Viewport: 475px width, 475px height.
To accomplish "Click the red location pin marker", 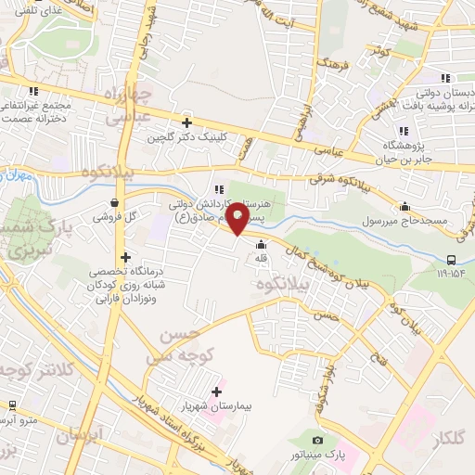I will (x=237, y=221).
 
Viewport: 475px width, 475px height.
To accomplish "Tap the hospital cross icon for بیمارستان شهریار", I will (x=217, y=392).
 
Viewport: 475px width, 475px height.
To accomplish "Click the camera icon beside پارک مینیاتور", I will (x=317, y=440).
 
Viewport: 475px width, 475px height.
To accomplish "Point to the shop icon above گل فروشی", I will (x=114, y=202).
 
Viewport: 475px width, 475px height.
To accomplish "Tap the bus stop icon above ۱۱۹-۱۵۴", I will (x=452, y=260).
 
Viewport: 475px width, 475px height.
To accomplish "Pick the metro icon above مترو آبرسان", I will (x=13, y=405).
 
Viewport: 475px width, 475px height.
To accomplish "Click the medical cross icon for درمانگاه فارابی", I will (x=124, y=257).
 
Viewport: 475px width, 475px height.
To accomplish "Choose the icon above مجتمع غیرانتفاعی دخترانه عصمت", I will (x=34, y=91).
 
